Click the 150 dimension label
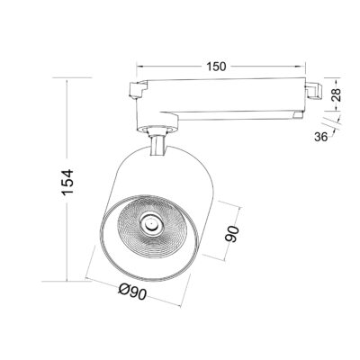pos(216,67)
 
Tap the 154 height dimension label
pos(67,183)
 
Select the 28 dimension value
pos(337,94)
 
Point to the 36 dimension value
pos(320,137)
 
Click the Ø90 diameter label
pos(132,291)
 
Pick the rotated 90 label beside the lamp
pos(232,234)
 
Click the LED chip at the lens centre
pos(149,223)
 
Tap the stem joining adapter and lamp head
pos(157,146)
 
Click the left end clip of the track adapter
pos(139,90)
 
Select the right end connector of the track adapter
pos(314,90)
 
